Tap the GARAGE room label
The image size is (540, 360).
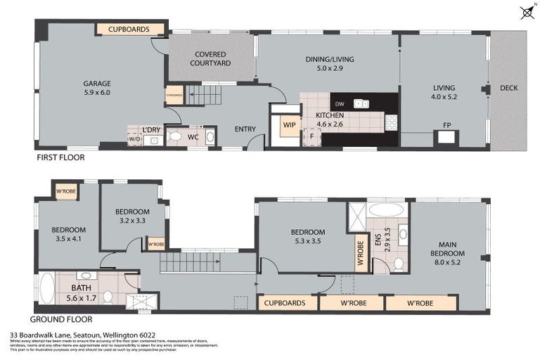(97, 83)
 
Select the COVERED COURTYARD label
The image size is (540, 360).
(210, 58)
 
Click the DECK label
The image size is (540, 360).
(508, 88)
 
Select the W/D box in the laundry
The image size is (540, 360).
(134, 140)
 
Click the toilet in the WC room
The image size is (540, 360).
(175, 136)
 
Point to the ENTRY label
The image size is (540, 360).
(245, 129)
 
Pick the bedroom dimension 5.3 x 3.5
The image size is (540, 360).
(308, 241)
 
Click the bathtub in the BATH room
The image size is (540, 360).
(46, 288)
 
